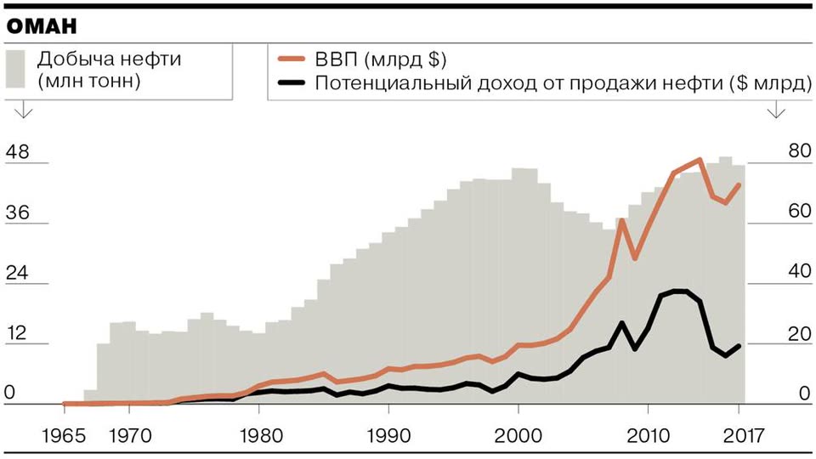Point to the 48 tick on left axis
17,153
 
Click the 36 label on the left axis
17,213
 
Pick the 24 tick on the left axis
17,274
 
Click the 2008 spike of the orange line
622,220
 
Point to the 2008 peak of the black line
622,323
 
